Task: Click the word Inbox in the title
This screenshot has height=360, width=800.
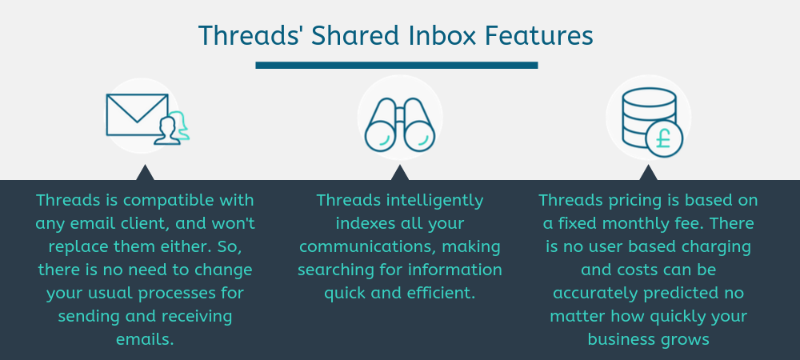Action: tap(432, 36)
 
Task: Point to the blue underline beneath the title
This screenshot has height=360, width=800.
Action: tap(396, 66)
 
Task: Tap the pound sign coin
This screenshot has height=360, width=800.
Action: tap(664, 137)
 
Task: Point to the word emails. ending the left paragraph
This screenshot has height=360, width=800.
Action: tap(144, 339)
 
